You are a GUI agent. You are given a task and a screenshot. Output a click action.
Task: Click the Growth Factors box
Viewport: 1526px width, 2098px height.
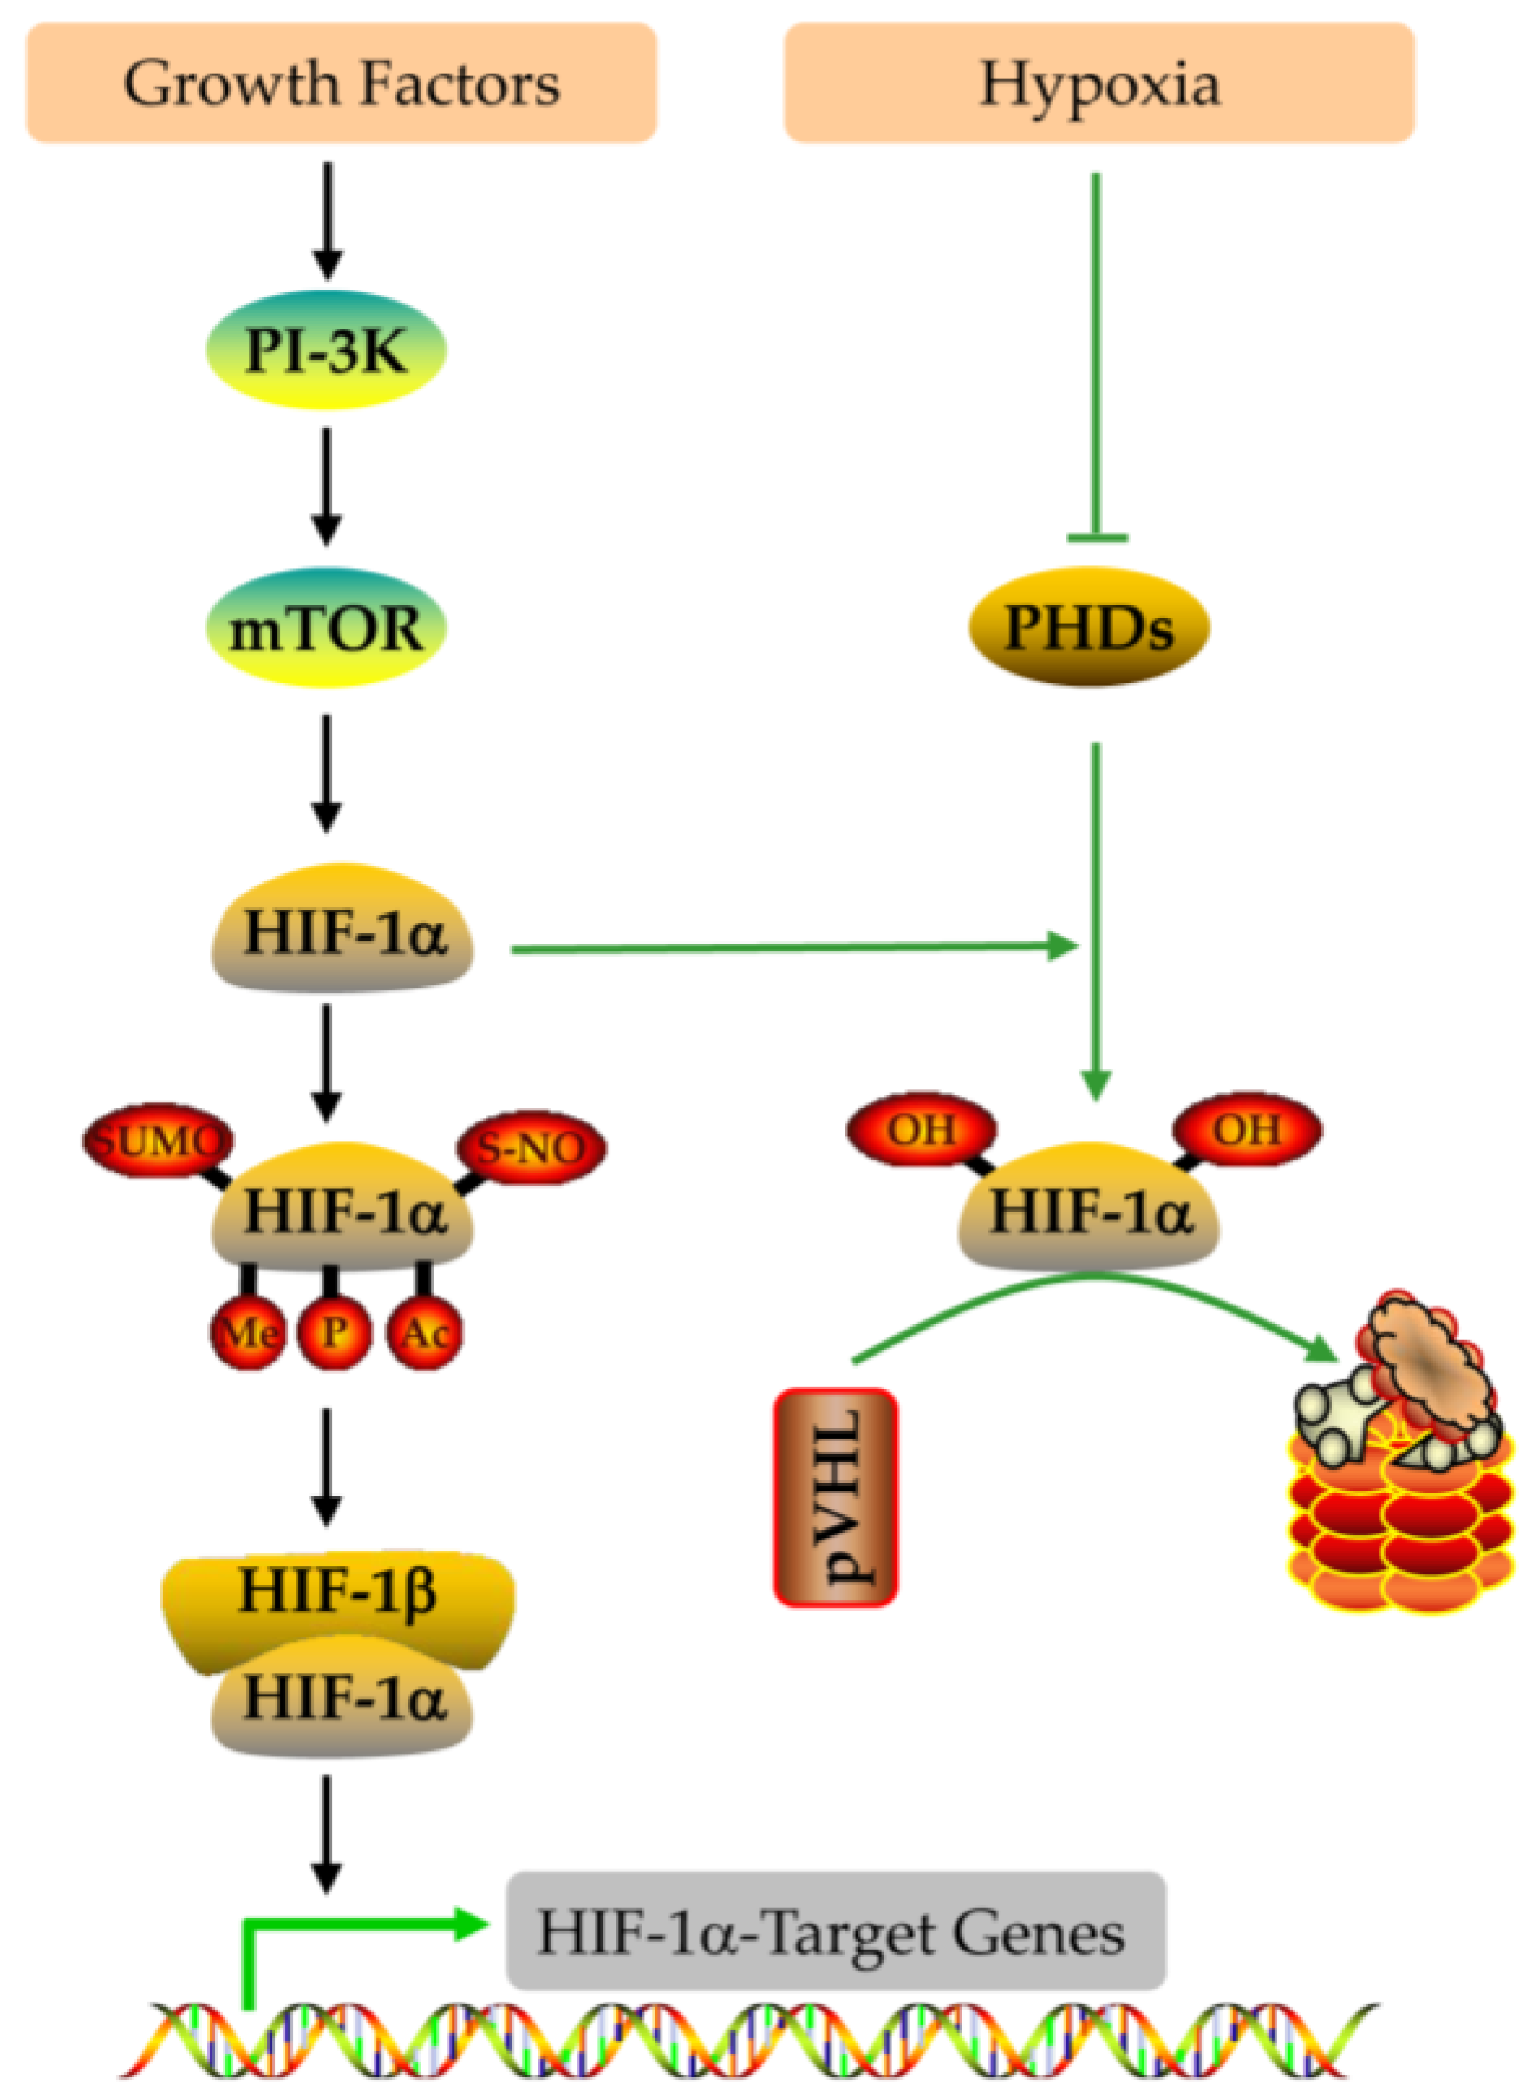342,83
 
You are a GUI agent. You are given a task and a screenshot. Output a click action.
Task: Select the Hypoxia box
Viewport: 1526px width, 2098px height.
1099,83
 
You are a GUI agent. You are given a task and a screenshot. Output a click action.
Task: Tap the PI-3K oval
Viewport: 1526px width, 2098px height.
325,350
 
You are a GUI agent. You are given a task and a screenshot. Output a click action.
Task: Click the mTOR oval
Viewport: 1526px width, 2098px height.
325,627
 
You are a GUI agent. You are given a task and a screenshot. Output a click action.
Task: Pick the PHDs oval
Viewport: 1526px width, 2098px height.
1088,627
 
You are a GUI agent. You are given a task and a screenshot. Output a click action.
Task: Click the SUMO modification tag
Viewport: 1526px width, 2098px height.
158,1141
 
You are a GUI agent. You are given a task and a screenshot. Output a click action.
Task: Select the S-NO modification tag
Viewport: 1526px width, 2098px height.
531,1147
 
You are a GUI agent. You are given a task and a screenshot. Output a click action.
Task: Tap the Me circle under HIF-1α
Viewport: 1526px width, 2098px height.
248,1332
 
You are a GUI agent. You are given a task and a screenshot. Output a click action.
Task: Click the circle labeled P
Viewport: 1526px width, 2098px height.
334,1332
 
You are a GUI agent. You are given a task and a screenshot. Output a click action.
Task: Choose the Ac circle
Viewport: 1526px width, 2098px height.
425,1332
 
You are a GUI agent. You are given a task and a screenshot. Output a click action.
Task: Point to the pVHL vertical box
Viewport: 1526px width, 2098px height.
835,1497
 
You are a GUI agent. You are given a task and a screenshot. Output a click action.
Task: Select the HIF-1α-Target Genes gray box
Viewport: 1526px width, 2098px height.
836,1931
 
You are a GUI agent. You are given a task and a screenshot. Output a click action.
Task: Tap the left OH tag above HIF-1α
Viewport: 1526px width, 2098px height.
921,1128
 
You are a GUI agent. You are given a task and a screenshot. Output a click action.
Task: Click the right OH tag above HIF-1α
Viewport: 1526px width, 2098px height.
1247,1128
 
